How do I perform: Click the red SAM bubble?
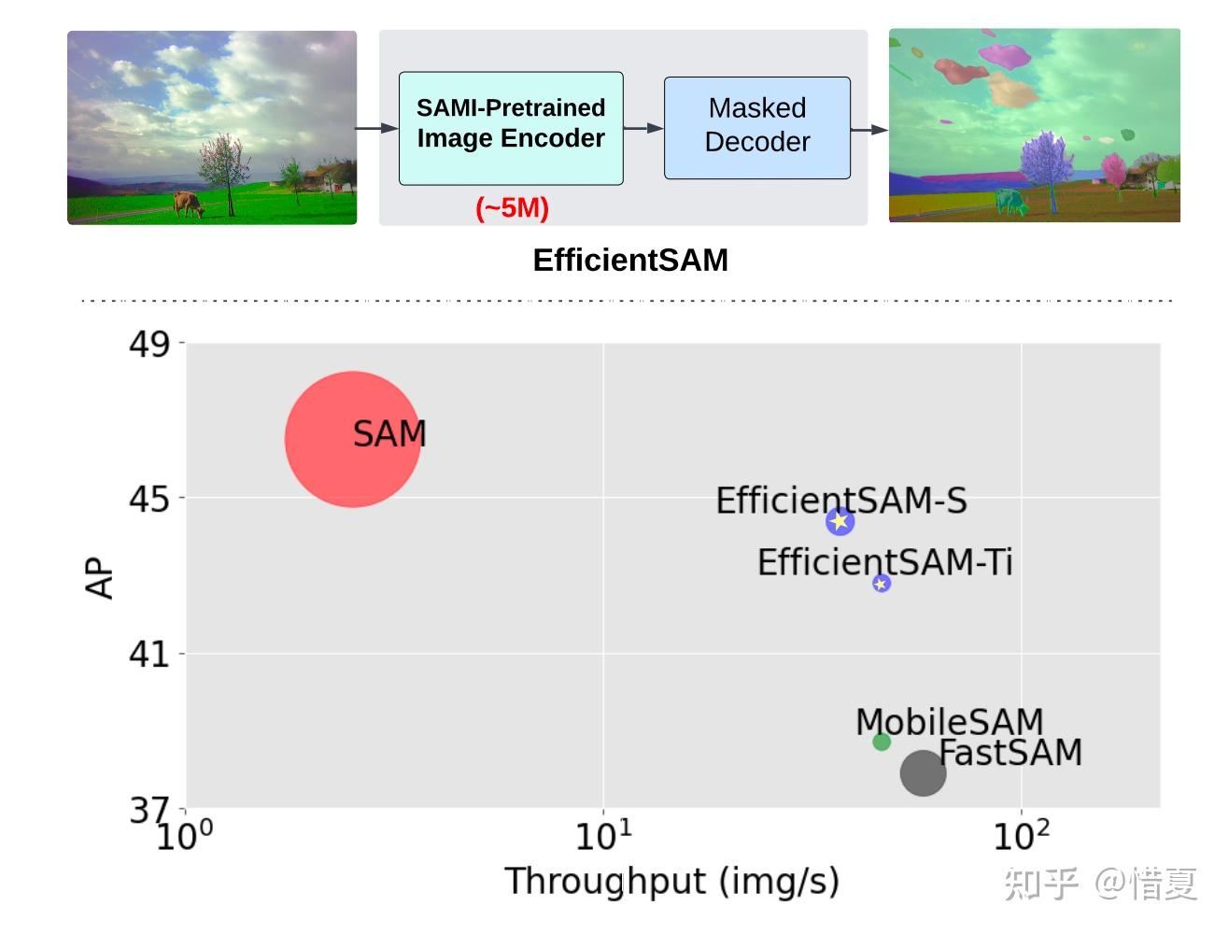352,440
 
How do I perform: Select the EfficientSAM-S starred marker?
840,521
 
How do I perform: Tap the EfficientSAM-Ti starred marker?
881,583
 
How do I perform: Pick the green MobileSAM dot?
881,742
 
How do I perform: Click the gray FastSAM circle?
923,772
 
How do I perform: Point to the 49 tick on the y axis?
149,345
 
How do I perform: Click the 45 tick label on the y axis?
149,499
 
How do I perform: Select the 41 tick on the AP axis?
149,654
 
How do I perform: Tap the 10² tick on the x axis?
1021,835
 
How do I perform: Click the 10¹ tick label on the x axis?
603,835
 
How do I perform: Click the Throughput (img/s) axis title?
671,881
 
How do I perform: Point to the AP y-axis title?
100,578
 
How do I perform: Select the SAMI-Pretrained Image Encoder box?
511,127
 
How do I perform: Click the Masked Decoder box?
756,127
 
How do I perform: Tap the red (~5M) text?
512,207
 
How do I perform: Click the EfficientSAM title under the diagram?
630,260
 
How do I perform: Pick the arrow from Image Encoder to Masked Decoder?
643,128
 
